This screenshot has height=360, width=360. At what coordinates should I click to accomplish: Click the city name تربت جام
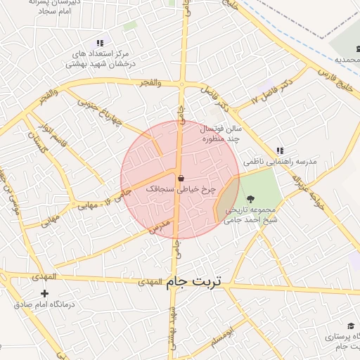pos(194,281)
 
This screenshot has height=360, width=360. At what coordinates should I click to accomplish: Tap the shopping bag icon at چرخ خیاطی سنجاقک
pos(181,178)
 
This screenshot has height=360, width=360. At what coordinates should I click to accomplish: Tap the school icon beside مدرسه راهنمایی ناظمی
pos(279,150)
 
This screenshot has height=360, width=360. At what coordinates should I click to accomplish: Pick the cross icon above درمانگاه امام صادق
pos(45,293)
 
